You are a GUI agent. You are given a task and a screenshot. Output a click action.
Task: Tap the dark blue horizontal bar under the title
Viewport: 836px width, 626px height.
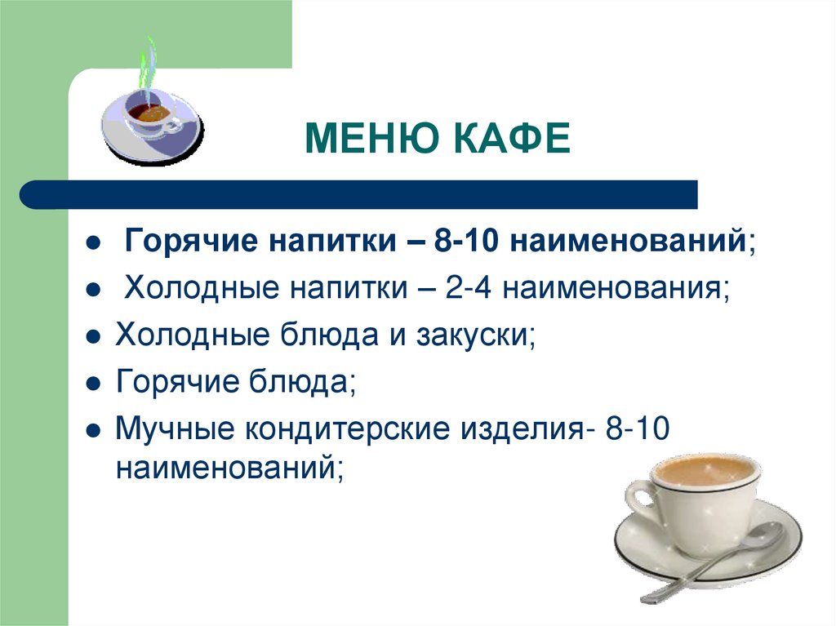point(359,195)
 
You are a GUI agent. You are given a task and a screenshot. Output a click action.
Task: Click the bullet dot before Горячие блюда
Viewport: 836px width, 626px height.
point(94,383)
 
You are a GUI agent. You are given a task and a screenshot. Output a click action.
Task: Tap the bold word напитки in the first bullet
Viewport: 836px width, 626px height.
point(318,242)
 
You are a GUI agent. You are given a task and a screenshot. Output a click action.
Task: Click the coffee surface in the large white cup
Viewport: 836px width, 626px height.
point(704,470)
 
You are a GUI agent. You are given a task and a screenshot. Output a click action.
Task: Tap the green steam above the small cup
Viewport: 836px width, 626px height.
point(147,69)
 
